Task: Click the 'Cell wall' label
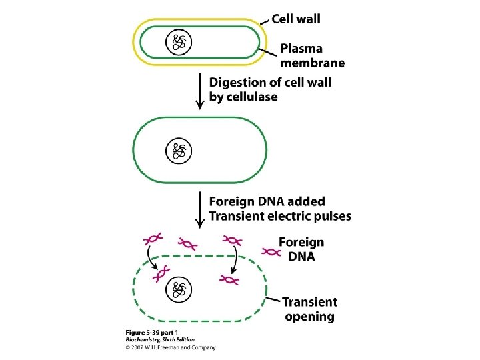click(x=295, y=18)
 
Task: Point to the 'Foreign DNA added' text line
click(x=267, y=201)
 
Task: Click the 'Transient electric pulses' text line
click(x=280, y=216)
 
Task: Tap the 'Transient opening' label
click(x=310, y=309)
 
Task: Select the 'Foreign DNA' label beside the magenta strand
click(x=301, y=249)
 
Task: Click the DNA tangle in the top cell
click(x=179, y=43)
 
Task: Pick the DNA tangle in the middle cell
click(x=179, y=150)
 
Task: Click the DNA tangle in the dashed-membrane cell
click(x=179, y=288)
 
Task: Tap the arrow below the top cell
click(x=199, y=91)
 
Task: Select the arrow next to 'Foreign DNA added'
click(x=199, y=209)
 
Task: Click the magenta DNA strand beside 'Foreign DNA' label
click(x=271, y=251)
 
